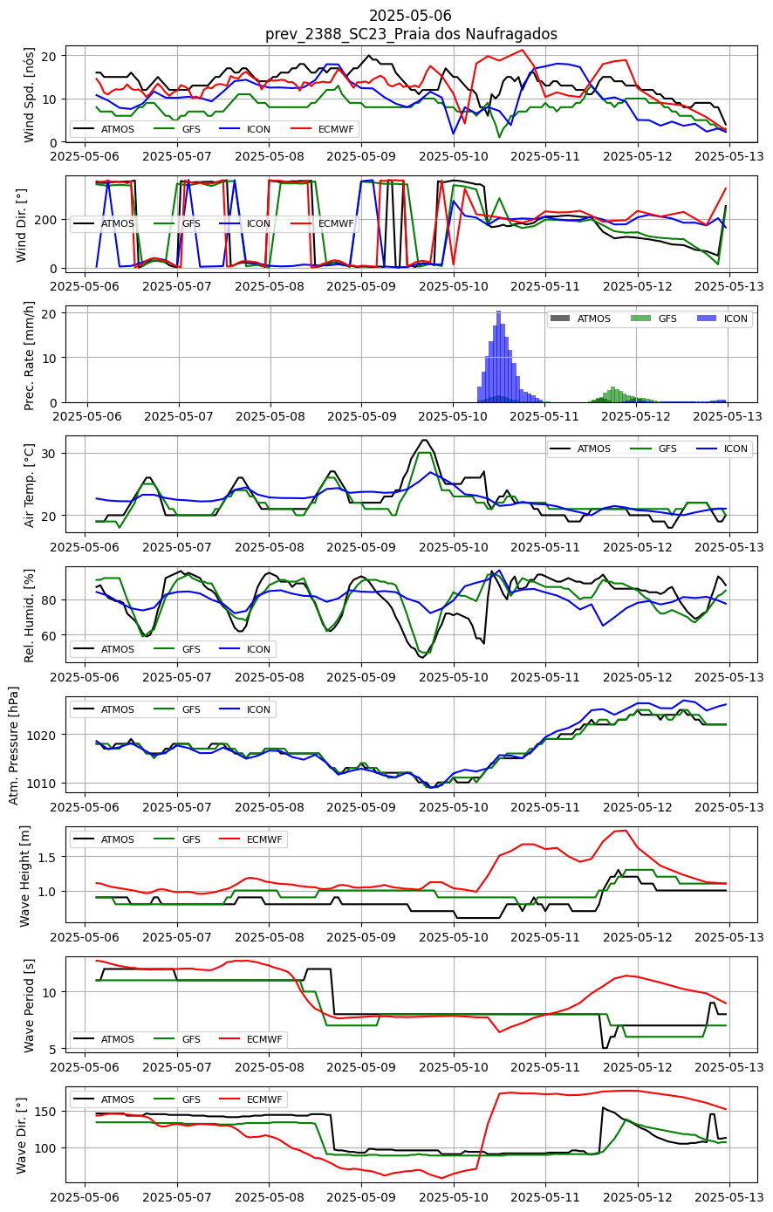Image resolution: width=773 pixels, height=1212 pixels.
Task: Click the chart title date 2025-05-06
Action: [x=410, y=15]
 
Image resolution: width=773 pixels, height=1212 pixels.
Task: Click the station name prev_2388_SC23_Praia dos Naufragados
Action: [x=411, y=34]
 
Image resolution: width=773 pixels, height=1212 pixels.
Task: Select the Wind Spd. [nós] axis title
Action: [x=29, y=95]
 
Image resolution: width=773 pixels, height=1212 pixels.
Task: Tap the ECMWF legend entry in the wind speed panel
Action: [x=323, y=129]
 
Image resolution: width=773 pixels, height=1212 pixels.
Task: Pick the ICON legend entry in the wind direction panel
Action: [x=245, y=223]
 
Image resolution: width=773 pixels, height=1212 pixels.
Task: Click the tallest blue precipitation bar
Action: [x=499, y=357]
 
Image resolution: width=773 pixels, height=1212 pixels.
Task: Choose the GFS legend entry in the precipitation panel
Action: [x=654, y=318]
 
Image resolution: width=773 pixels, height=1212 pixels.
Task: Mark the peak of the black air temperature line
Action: [x=425, y=440]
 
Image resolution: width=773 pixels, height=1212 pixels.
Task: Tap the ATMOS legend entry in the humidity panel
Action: [x=104, y=649]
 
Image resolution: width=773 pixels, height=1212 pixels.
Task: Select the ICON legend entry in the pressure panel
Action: [x=245, y=709]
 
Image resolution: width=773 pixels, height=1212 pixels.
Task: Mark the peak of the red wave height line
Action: [x=626, y=831]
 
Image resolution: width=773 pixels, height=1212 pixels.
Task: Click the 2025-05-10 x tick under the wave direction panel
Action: [x=454, y=1196]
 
